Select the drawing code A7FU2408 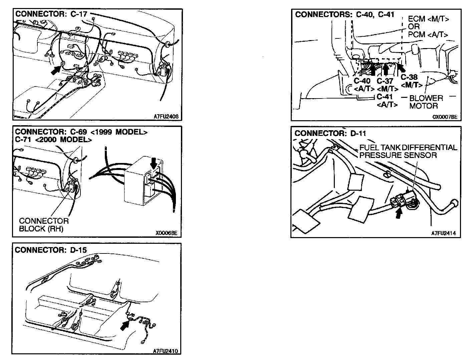pos(166,117)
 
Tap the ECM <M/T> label pos(428,19)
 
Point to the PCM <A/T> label pos(428,34)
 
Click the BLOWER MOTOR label pos(426,102)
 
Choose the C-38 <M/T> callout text pos(409,81)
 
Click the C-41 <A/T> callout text pos(387,101)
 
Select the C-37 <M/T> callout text pos(387,85)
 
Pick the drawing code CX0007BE pos(445,117)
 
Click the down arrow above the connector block pos(153,163)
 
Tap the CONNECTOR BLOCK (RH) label pos(44,225)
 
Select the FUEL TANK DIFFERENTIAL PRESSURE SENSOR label pos(408,151)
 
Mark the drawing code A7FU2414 pos(444,233)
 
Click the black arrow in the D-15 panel pos(125,324)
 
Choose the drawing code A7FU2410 pos(166,351)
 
